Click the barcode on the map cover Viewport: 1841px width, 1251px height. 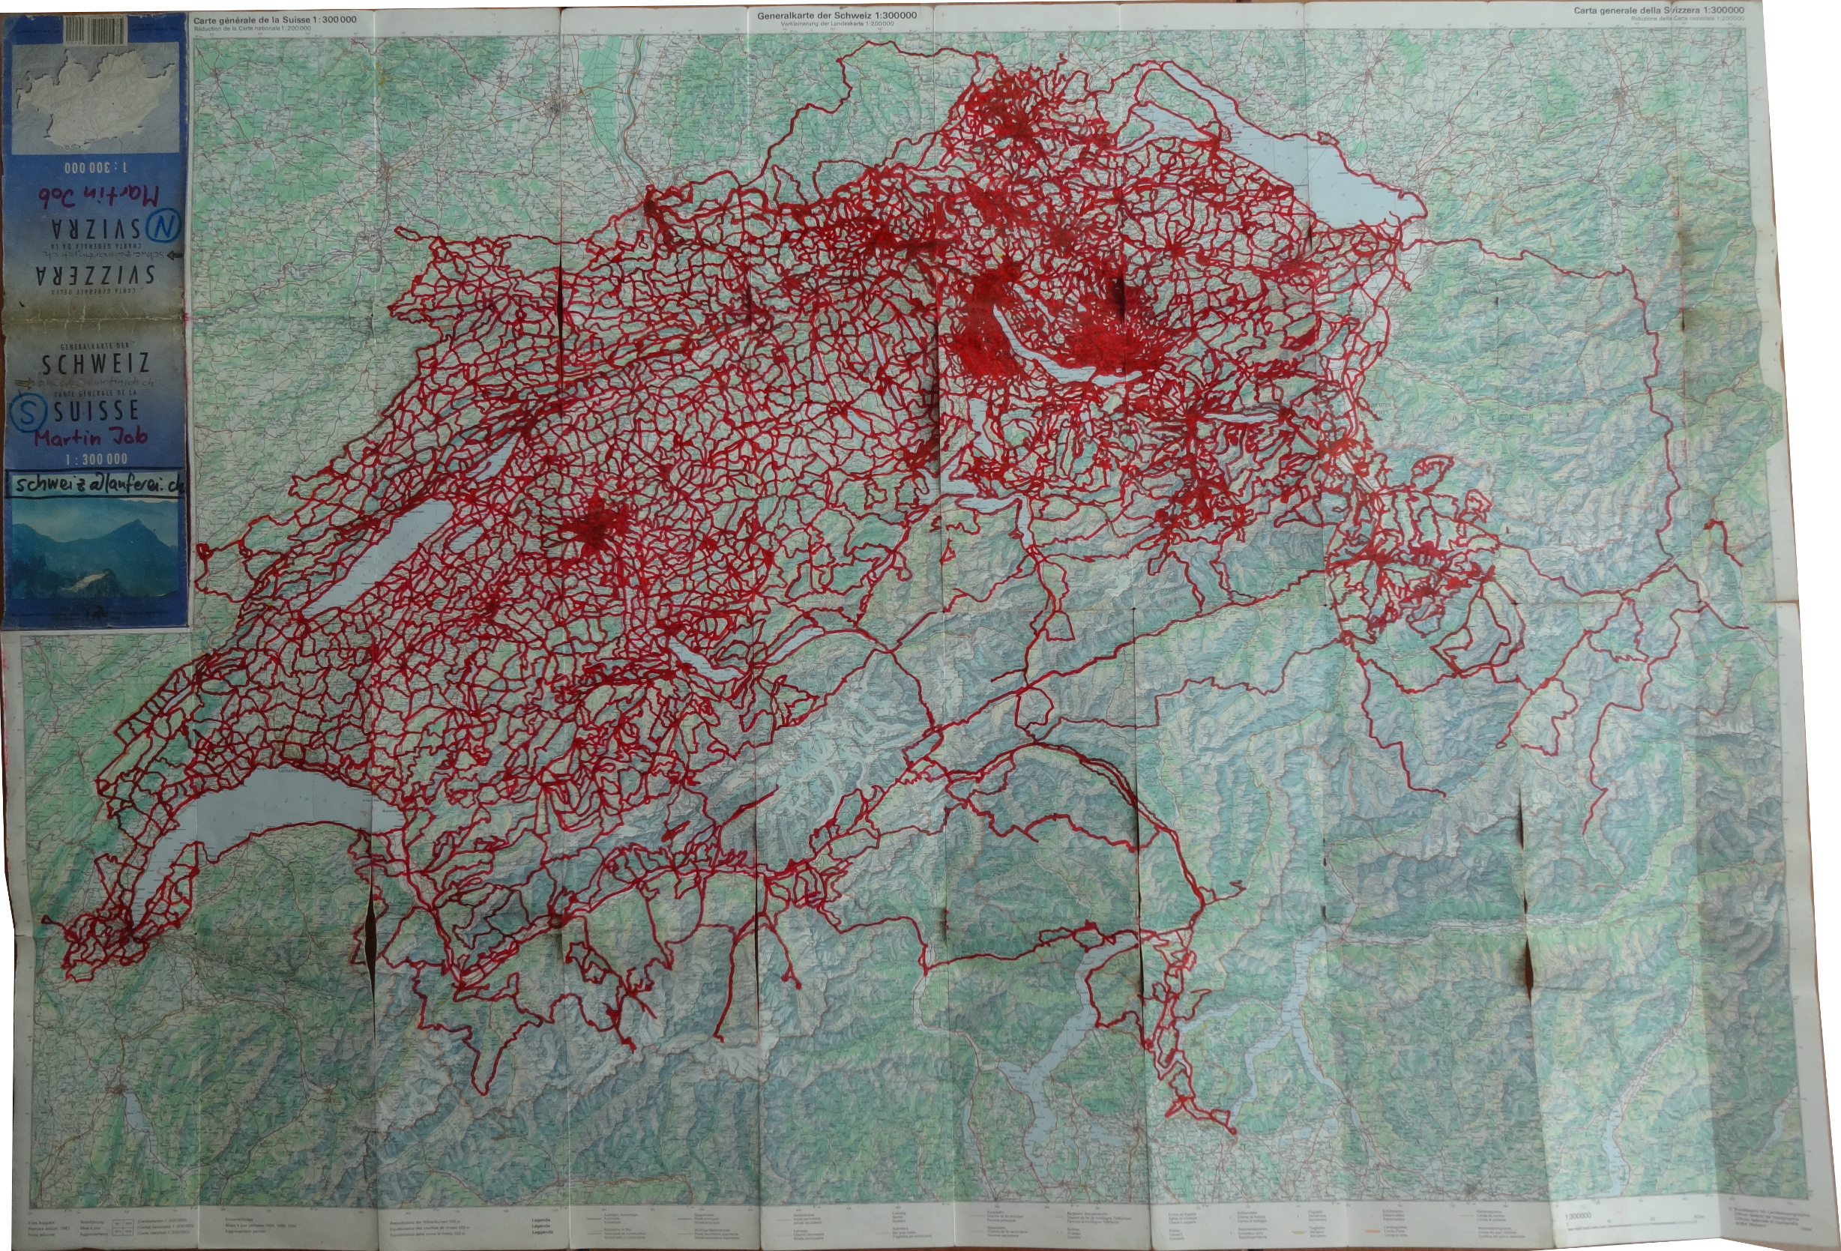95,31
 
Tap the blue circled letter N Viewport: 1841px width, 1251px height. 164,226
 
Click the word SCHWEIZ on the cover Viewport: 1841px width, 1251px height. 95,364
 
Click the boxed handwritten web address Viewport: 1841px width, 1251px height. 97,485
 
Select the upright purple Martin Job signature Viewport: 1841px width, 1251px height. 89,436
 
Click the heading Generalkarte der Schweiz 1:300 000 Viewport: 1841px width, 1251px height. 837,15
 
